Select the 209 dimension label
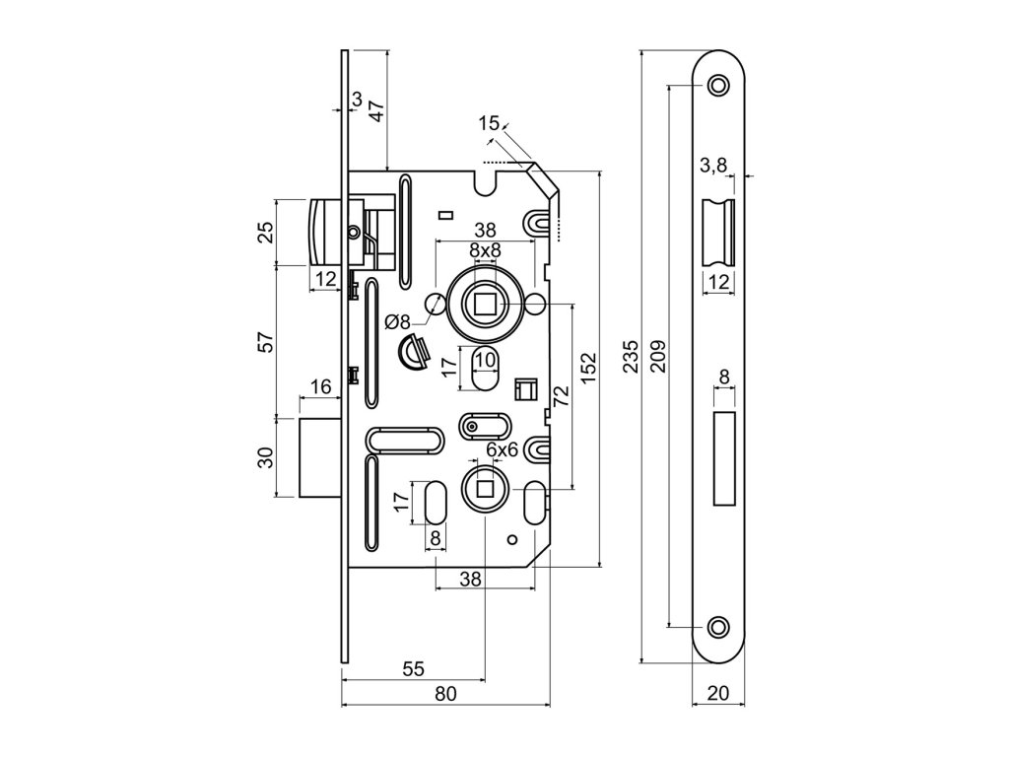[658, 357]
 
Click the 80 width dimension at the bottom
[445, 694]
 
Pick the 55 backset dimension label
[413, 668]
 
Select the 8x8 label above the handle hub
[484, 250]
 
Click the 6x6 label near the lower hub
[502, 449]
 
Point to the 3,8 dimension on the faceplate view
[713, 165]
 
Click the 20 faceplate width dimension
[718, 694]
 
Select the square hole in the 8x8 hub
[484, 304]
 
